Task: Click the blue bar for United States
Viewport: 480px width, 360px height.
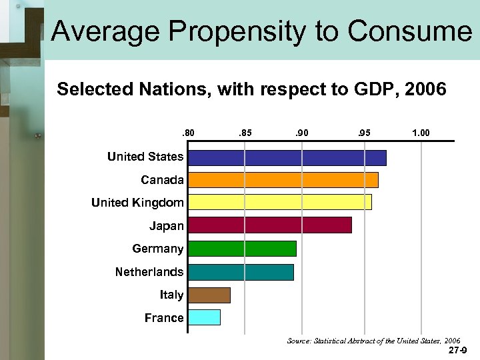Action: [x=287, y=157]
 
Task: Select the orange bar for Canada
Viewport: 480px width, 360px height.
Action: [x=283, y=180]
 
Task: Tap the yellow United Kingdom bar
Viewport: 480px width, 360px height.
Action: [x=279, y=203]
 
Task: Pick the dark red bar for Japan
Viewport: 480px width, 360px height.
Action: [x=269, y=225]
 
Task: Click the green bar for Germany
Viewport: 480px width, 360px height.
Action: [x=242, y=249]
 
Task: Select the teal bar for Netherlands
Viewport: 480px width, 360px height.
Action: [x=241, y=272]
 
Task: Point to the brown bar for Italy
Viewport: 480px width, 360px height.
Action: [x=209, y=295]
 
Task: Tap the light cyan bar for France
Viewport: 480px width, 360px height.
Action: [x=204, y=317]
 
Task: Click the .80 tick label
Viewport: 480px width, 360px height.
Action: [x=189, y=134]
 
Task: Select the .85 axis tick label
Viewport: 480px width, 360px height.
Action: [x=245, y=134]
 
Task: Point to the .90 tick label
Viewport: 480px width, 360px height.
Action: [x=301, y=134]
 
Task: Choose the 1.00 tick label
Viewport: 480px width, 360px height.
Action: [x=421, y=134]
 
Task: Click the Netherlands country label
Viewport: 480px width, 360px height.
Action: [x=149, y=272]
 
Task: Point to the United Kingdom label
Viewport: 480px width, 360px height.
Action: [x=137, y=203]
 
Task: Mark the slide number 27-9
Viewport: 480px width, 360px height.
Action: [x=457, y=350]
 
